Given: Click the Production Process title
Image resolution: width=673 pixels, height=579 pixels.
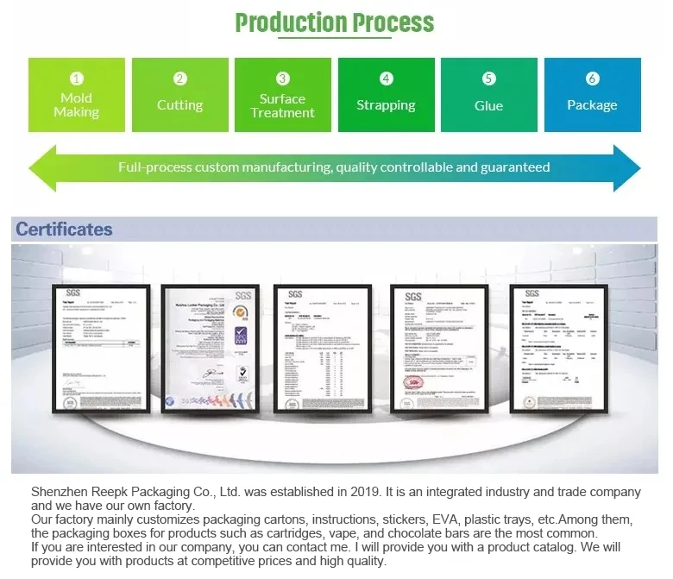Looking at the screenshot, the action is (335, 22).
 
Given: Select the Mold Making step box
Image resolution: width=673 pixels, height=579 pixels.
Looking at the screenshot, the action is (77, 95).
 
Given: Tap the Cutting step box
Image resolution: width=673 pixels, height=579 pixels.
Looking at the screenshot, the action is (179, 95).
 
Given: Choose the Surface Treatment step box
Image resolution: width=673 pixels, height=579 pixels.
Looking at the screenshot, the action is (282, 95).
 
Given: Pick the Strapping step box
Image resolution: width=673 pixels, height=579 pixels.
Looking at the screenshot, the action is (386, 95).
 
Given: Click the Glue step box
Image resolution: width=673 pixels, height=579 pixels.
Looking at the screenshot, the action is (488, 95).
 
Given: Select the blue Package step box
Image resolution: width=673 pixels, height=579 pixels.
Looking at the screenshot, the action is (592, 95).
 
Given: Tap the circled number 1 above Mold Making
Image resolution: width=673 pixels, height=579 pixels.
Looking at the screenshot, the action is (77, 79).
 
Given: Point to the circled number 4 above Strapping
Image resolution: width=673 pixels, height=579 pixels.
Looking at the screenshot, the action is (386, 79).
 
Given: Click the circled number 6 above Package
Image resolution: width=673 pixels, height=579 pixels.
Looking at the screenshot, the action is (592, 79).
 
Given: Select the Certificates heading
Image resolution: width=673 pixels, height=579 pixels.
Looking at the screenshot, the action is (64, 230).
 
